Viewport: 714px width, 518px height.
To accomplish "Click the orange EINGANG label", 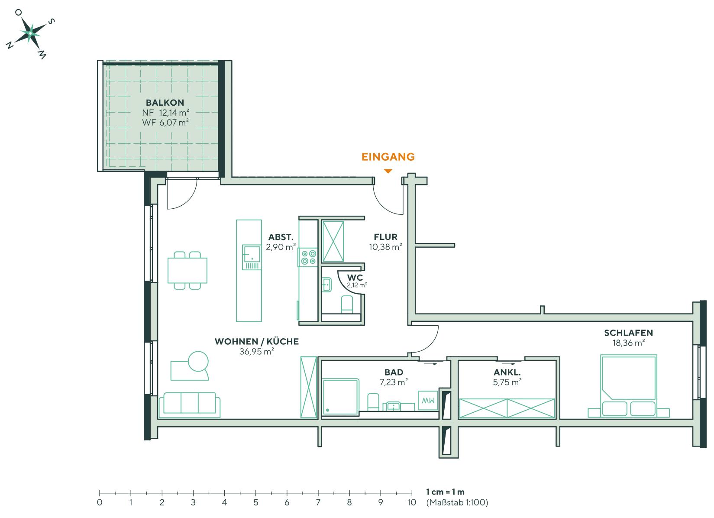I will (388, 156).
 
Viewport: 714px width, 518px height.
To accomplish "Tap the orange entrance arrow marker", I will (388, 171).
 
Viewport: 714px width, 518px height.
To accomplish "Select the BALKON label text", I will (165, 103).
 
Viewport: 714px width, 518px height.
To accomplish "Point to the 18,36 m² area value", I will (628, 343).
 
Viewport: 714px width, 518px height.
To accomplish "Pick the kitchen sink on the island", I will (251, 254).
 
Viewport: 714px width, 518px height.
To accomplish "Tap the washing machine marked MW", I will (428, 401).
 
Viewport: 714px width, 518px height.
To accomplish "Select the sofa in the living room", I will (189, 405).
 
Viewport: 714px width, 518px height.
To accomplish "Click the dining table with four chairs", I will (187, 270).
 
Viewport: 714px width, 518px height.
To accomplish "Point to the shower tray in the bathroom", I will (341, 397).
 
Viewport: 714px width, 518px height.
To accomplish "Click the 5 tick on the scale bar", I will (256, 493).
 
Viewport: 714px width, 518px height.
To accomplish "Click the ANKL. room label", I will (507, 372).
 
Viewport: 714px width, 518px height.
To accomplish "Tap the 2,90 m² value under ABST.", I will (281, 247).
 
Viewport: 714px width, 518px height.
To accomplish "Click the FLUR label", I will (386, 237).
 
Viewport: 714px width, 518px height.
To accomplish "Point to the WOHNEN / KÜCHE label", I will (257, 342).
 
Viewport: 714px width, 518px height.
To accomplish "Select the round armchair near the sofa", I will (198, 361).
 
